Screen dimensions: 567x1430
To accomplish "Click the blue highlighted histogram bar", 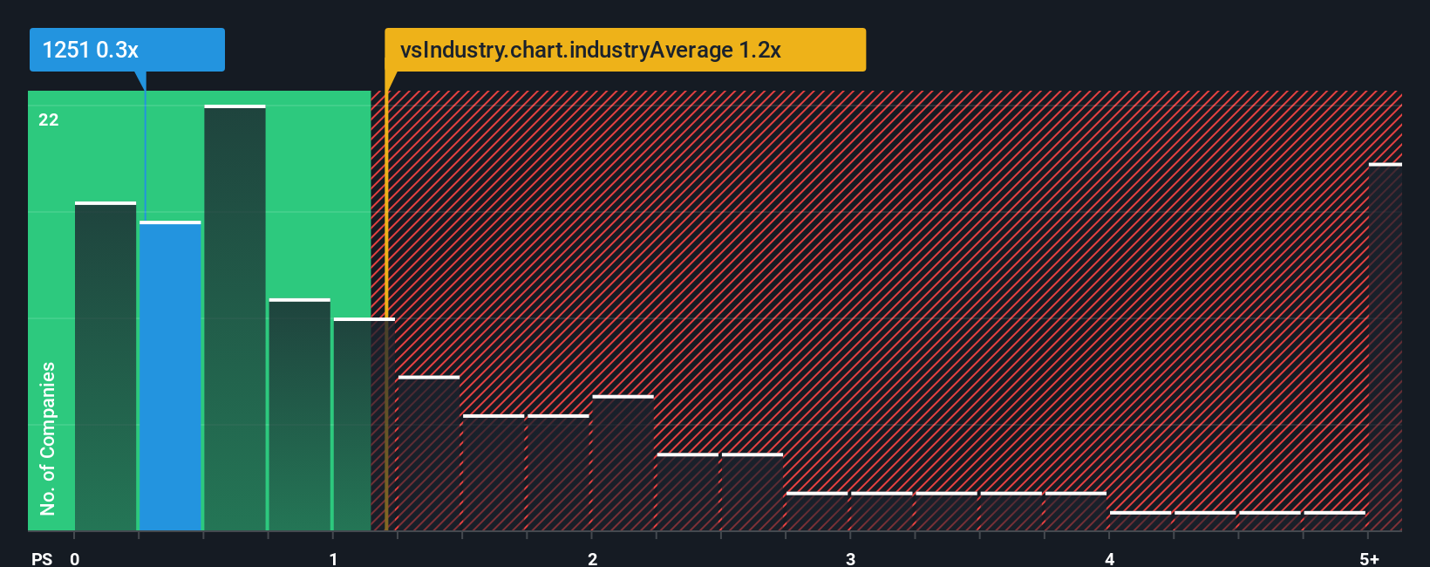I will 170,375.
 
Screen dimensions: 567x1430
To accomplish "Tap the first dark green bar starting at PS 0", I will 106,366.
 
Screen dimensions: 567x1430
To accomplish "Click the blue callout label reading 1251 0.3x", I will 126,50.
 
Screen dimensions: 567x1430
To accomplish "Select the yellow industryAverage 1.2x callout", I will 624,50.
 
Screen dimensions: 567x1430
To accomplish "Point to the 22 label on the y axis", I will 49,120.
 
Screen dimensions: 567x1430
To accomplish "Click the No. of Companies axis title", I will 48,438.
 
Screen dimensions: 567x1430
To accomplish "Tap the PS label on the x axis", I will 42,558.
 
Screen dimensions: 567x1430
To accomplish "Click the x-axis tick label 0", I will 75,558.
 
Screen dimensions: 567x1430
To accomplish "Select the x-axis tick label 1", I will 333,558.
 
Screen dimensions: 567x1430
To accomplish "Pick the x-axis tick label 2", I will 592,558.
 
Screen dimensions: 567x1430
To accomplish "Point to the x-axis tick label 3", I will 850,558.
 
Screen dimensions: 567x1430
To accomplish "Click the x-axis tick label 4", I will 1109,558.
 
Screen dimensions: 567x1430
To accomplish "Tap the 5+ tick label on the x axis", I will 1369,558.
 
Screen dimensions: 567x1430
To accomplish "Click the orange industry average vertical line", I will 386,305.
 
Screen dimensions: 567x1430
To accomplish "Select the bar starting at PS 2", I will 623,463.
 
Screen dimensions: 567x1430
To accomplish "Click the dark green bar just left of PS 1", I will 299,414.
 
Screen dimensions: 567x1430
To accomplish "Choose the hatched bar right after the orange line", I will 428,454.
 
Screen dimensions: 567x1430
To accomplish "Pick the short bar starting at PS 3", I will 882,511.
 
